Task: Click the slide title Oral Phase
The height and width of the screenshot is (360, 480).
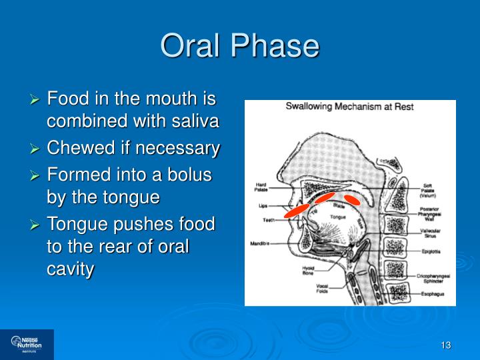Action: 240,46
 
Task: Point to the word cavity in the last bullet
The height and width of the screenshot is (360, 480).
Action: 70,269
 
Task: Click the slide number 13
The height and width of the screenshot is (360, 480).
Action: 446,345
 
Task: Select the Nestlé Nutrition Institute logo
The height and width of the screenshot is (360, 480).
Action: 27,344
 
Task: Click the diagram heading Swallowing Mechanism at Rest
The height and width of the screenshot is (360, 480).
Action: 350,107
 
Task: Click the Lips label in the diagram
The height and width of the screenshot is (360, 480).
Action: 263,206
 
